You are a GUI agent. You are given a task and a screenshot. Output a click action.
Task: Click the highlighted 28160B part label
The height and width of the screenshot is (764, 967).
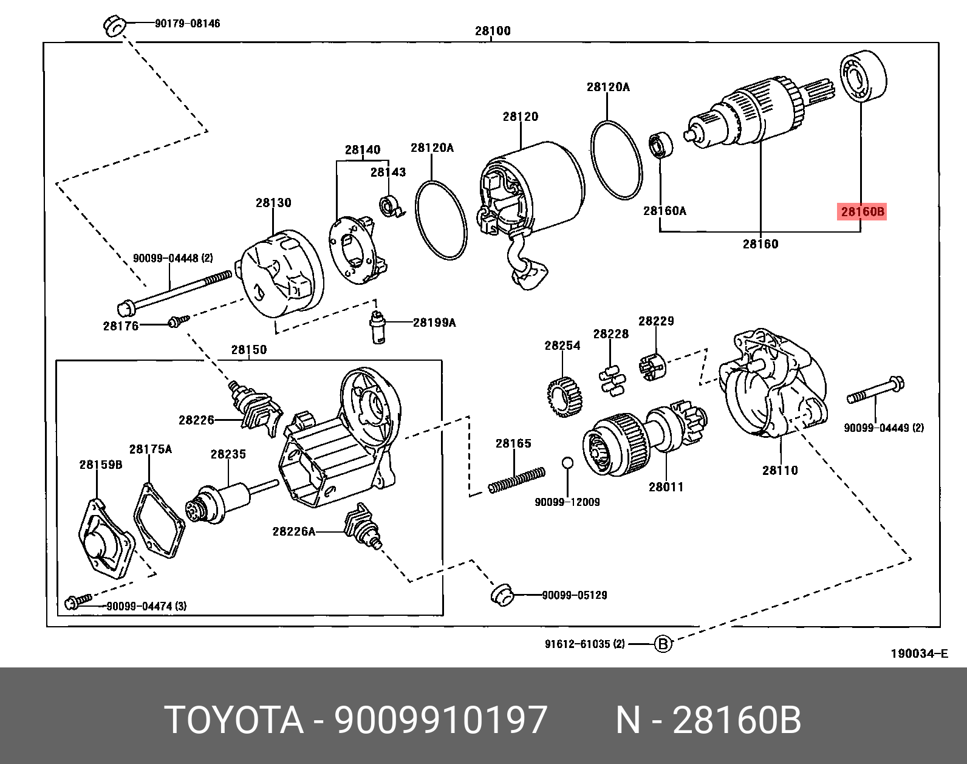point(861,212)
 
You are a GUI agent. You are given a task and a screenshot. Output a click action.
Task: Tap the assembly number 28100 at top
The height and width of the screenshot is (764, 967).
point(493,31)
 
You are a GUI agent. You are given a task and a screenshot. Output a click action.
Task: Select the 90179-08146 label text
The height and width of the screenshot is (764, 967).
point(187,24)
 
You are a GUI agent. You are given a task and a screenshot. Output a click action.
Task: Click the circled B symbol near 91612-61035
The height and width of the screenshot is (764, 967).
point(663,644)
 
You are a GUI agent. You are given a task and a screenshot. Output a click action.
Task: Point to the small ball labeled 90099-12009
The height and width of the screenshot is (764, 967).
point(567,463)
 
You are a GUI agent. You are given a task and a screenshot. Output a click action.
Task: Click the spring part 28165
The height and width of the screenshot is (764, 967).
point(517,479)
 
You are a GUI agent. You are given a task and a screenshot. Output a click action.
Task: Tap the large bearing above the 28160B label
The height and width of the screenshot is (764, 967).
point(863,77)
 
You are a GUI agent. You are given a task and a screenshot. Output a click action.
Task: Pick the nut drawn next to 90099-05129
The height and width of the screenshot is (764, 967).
point(501,594)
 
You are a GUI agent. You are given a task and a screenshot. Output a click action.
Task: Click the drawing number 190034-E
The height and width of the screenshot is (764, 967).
point(918,654)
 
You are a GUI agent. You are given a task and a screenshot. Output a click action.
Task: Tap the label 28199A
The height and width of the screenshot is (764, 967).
point(434,322)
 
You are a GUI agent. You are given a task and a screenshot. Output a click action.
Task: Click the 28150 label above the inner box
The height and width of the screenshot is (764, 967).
point(248,350)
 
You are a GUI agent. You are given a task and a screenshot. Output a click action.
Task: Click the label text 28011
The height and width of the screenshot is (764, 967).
point(666,486)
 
